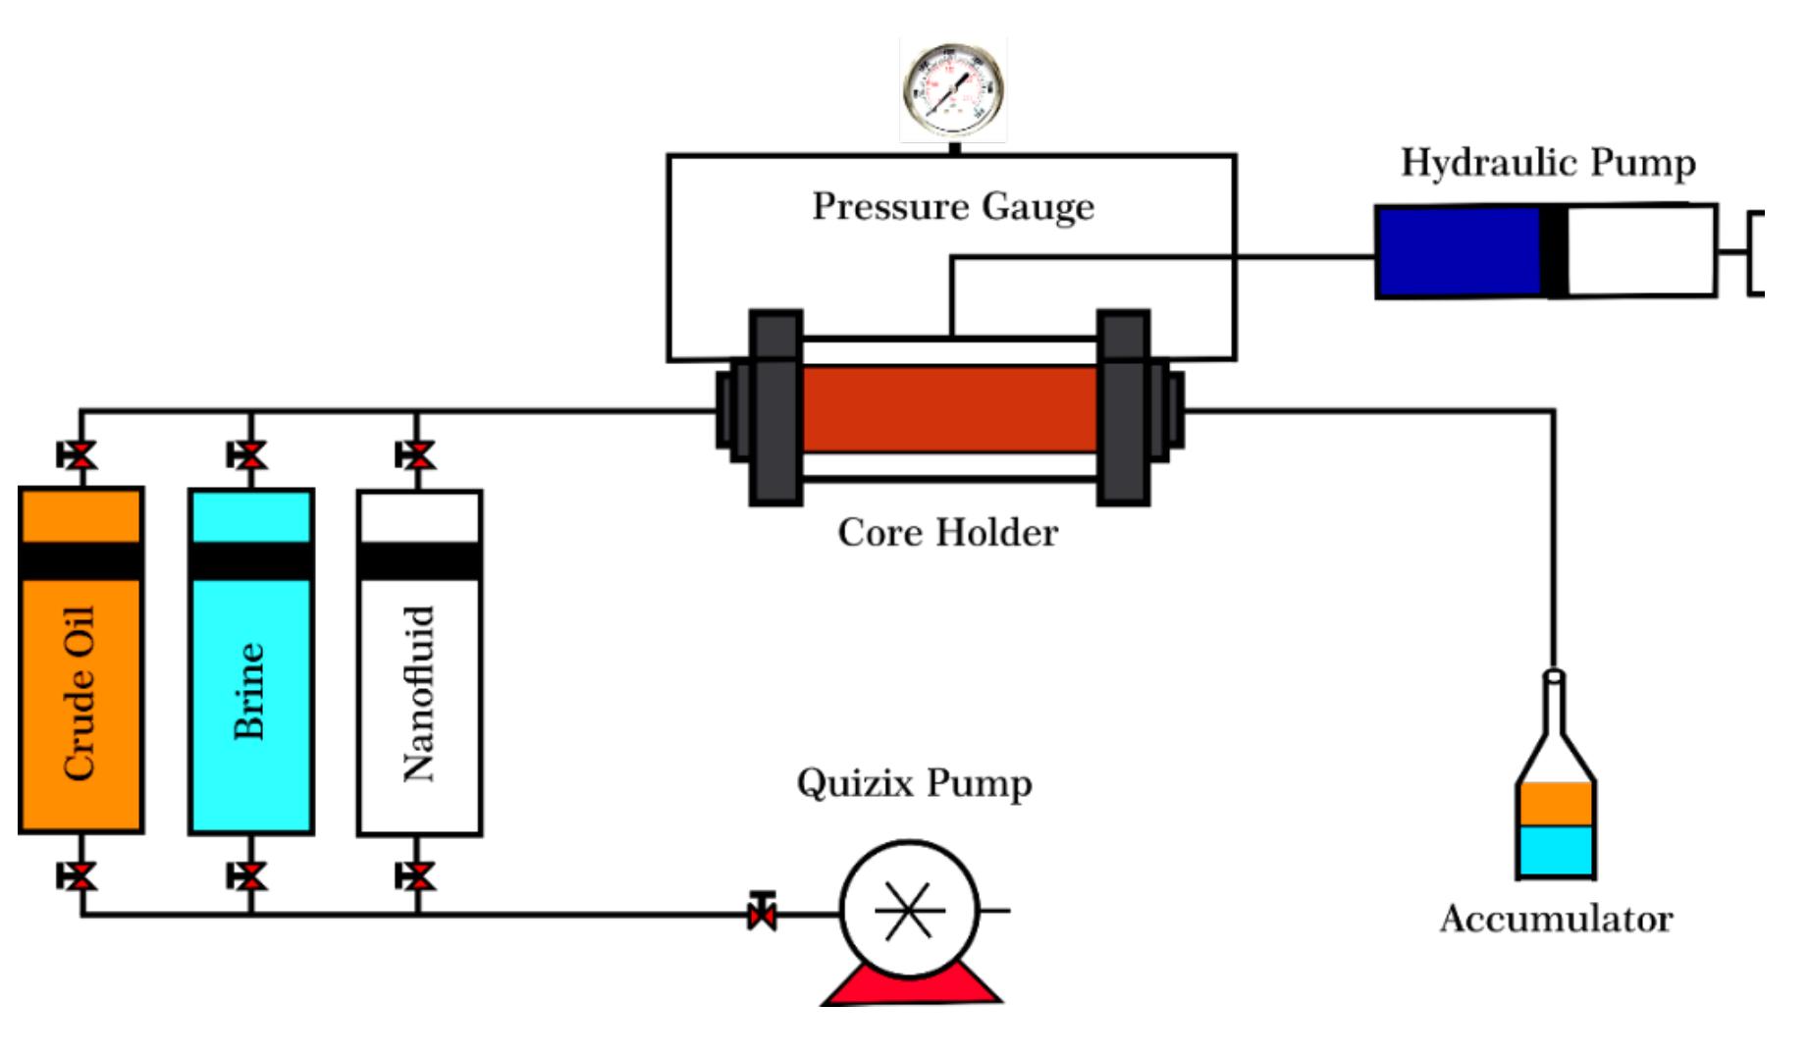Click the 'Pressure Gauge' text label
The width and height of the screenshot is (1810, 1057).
pyautogui.click(x=952, y=206)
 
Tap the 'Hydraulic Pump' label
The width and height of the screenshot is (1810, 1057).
pyautogui.click(x=1548, y=163)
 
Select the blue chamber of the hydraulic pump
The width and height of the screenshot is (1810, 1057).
pyautogui.click(x=1457, y=251)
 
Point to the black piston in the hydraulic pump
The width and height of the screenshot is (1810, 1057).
pyautogui.click(x=1554, y=251)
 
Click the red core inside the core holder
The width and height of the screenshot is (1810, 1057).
pyautogui.click(x=949, y=409)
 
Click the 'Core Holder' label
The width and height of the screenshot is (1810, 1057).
pyautogui.click(x=947, y=533)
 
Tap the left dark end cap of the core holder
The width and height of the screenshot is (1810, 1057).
pyautogui.click(x=775, y=408)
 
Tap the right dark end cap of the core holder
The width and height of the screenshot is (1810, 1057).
pyautogui.click(x=1123, y=408)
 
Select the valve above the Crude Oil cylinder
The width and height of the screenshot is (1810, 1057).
pyautogui.click(x=79, y=455)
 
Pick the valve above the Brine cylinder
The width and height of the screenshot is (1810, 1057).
pyautogui.click(x=248, y=455)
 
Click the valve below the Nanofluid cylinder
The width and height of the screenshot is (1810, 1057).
pyautogui.click(x=417, y=875)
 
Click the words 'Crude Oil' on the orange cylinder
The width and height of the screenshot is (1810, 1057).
pyautogui.click(x=80, y=693)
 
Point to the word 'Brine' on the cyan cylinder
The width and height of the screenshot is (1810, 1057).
pyautogui.click(x=249, y=691)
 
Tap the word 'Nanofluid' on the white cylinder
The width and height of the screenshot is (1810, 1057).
pyautogui.click(x=419, y=693)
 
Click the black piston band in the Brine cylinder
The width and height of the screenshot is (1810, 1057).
pyautogui.click(x=251, y=561)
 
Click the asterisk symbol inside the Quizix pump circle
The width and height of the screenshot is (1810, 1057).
pyautogui.click(x=908, y=911)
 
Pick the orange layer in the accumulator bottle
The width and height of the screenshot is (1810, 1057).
pyautogui.click(x=1555, y=804)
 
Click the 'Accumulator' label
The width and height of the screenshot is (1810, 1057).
pyautogui.click(x=1556, y=920)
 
